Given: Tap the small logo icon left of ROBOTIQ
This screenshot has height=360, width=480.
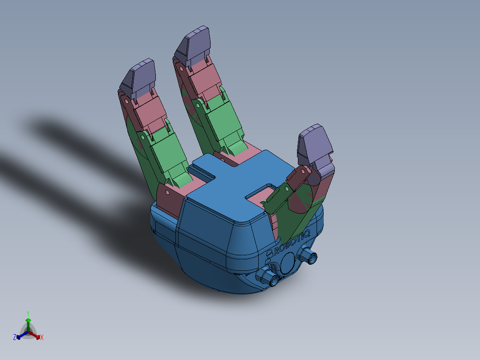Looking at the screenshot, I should (269, 254).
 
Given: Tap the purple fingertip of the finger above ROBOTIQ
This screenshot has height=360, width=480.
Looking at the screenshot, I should (316, 145).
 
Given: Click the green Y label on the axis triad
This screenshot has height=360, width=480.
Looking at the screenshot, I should (28, 313).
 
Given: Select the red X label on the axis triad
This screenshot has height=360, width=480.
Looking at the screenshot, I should (42, 338).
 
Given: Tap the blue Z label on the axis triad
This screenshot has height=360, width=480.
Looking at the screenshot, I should (15, 338).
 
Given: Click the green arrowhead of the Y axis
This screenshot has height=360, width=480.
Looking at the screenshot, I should (28, 320).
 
